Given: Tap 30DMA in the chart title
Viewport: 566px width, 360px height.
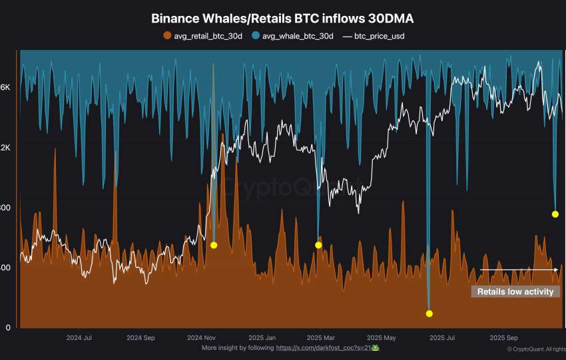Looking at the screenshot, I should pyautogui.click(x=392, y=19).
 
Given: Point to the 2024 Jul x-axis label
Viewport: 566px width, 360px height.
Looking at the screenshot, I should pyautogui.click(x=79, y=337).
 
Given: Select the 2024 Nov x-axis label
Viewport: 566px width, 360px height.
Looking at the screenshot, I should pyautogui.click(x=200, y=337).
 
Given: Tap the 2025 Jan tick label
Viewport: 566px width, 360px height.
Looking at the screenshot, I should pyautogui.click(x=262, y=337).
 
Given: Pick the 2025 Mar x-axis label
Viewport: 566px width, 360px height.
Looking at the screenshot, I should pyautogui.click(x=321, y=337).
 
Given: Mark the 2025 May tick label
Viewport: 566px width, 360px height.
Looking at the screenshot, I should pyautogui.click(x=382, y=337).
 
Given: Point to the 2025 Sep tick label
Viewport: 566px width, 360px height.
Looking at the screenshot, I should pyautogui.click(x=503, y=337).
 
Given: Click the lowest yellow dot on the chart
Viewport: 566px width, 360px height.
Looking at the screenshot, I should pyautogui.click(x=429, y=313).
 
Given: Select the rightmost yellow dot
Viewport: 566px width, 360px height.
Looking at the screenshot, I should pyautogui.click(x=555, y=214).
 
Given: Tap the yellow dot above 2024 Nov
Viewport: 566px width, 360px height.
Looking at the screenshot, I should pyautogui.click(x=214, y=245).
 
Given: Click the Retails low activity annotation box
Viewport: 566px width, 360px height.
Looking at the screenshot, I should pyautogui.click(x=515, y=291).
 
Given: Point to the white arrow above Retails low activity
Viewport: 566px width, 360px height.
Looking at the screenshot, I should pyautogui.click(x=519, y=270).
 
